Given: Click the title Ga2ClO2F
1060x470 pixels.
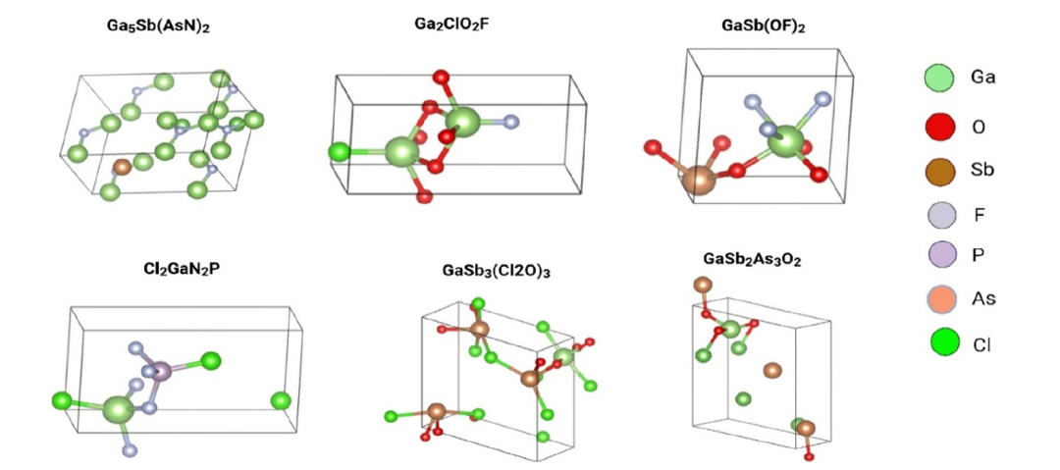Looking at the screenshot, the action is tap(453, 26).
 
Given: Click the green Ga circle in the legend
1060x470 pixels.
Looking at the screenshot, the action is tap(939, 78).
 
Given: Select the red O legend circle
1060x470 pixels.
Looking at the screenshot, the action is tap(939, 127).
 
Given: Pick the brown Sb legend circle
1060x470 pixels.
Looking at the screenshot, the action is tap(939, 171).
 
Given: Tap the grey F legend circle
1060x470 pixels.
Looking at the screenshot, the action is tap(939, 217).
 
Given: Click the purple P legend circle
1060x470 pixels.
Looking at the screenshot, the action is tap(939, 256).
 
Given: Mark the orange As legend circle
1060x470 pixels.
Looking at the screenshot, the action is tap(939, 298).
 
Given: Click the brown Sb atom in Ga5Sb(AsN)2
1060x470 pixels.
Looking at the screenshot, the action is tap(122, 167).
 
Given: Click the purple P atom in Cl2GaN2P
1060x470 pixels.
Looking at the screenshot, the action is tap(162, 371).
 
